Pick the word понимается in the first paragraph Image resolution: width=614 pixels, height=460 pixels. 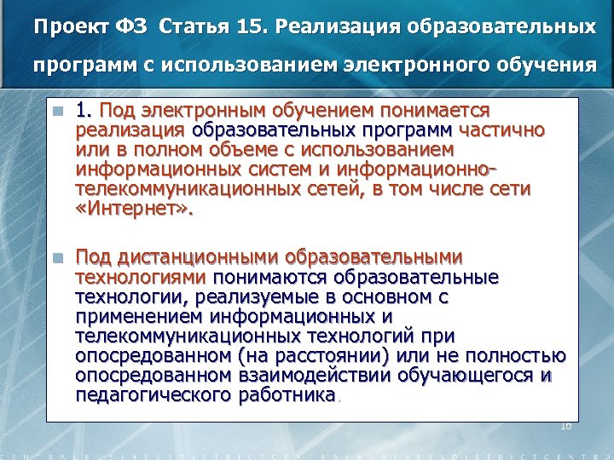tap(435, 111)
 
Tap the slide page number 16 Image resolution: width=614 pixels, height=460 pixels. tap(565, 424)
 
